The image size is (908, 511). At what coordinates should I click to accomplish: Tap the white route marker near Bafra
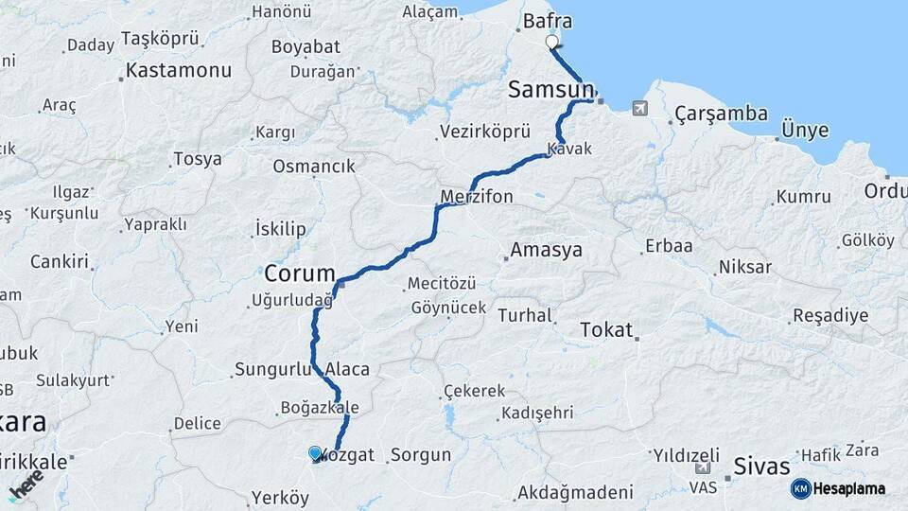point(552,42)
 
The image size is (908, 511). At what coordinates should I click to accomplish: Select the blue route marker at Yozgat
point(315,454)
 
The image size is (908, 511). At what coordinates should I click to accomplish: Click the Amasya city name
point(546,251)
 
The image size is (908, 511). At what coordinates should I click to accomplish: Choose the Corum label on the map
point(300,273)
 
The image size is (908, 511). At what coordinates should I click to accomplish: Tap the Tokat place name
point(605,329)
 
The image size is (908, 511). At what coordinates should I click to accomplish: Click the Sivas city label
point(762,467)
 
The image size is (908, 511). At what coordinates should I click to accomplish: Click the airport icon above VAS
point(703,468)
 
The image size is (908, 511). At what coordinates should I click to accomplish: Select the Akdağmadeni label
point(575,493)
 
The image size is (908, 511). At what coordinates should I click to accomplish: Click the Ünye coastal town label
point(805,131)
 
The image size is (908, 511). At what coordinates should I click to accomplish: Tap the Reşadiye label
point(829,315)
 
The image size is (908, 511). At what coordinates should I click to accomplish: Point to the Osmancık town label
point(314,167)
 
